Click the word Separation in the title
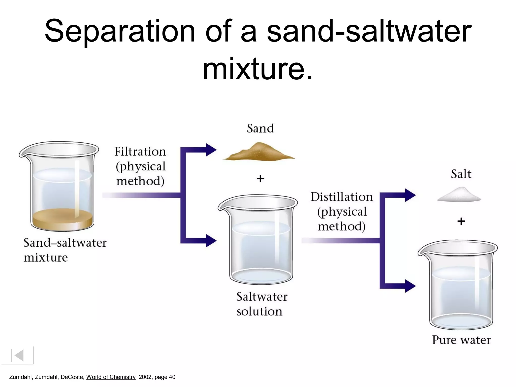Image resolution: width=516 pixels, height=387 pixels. [120, 31]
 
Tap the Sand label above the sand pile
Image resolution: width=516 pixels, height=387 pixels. [260, 128]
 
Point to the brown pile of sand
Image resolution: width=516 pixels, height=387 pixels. [259, 153]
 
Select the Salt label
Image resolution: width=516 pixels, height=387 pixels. [461, 174]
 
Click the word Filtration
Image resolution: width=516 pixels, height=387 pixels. [140, 152]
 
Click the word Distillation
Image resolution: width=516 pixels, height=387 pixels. [341, 197]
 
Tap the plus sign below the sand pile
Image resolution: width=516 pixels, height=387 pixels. [260, 179]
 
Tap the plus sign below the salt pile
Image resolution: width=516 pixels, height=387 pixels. [461, 221]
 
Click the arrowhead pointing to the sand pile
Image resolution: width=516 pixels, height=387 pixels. [211, 150]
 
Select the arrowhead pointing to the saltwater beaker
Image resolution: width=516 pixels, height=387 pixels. [211, 241]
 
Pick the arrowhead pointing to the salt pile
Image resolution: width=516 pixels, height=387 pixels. [410, 195]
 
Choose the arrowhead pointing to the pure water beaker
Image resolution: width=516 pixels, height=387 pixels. [410, 286]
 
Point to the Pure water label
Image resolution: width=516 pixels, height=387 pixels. [461, 340]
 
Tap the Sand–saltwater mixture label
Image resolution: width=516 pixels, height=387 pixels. [65, 250]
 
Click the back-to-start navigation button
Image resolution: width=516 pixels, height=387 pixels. [18, 355]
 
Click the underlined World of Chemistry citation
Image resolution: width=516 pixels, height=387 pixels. [111, 377]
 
